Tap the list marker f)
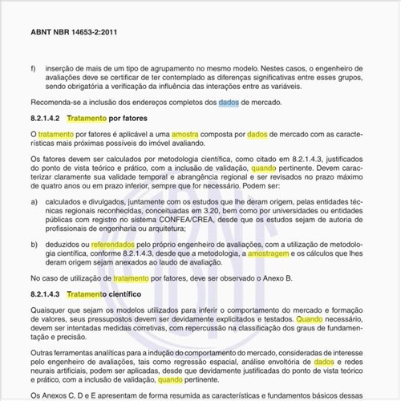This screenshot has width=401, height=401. click(33, 69)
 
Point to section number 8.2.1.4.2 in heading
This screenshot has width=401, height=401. click(46, 118)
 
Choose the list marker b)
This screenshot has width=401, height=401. click(33, 242)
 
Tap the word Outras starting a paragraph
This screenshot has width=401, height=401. click(43, 353)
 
